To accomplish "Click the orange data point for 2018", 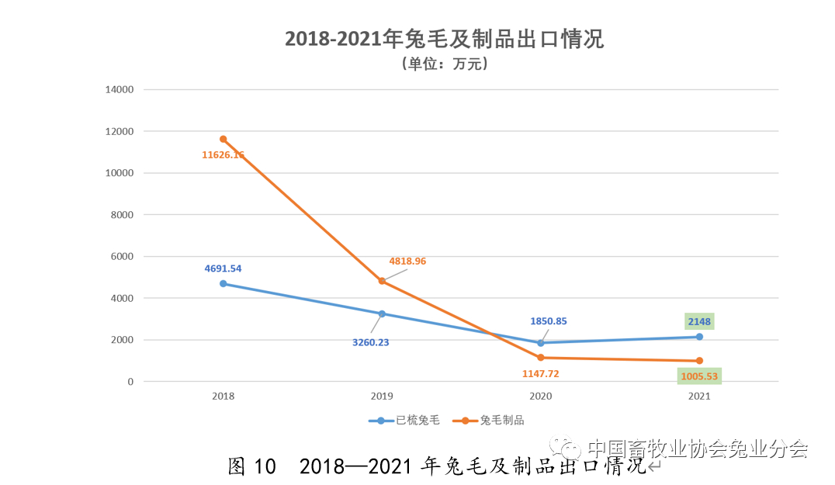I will tap(223, 139).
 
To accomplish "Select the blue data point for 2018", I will tap(223, 283).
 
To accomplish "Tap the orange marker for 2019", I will tap(382, 281).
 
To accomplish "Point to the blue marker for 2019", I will tap(382, 314).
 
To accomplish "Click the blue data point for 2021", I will tap(699, 337).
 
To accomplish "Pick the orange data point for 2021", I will tap(699, 361).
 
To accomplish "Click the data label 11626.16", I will tap(223, 155).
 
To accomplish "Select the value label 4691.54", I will tap(223, 268).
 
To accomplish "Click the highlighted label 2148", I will tap(698, 321).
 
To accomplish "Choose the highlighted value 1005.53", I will tap(699, 376).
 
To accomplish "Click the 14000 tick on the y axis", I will tap(120, 89).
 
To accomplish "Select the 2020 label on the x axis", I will tap(540, 396).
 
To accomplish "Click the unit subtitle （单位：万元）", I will tap(445, 64).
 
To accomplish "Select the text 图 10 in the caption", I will tap(252, 466).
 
